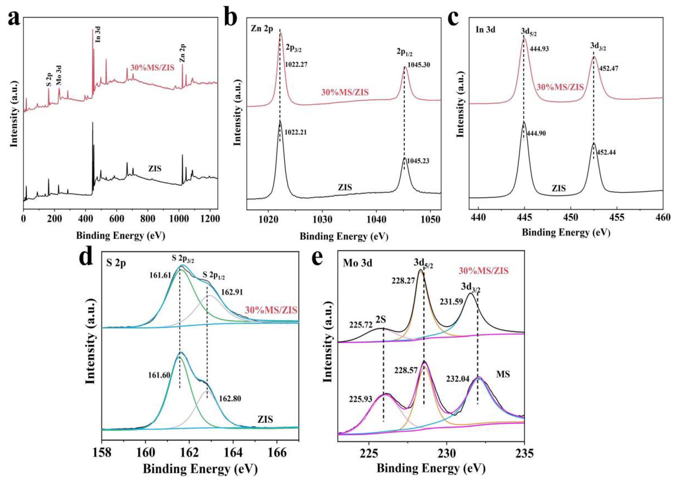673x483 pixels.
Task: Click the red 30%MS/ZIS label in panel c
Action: pyautogui.click(x=560, y=87)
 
